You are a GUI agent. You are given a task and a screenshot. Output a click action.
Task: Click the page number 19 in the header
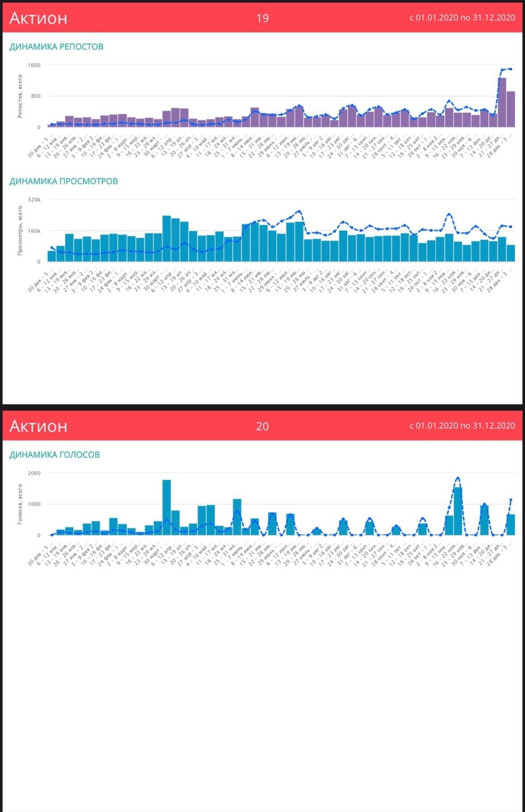tap(262, 18)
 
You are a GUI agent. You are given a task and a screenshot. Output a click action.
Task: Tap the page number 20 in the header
tap(262, 426)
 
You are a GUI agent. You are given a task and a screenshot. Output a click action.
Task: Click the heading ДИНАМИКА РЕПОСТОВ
tap(56, 47)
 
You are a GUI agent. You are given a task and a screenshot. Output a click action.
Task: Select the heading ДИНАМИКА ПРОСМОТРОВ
tap(63, 181)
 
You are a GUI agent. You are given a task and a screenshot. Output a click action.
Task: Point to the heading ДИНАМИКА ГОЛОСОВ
tap(54, 454)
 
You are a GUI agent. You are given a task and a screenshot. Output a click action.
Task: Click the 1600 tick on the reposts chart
tap(34, 65)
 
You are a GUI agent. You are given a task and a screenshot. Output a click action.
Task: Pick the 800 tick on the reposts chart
tap(35, 96)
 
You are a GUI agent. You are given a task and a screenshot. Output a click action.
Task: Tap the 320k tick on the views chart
tap(34, 199)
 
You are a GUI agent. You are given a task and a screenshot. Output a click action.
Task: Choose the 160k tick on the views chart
tap(34, 231)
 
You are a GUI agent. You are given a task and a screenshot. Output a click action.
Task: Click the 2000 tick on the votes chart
tap(34, 473)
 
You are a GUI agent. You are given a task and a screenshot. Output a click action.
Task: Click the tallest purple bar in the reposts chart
tap(502, 102)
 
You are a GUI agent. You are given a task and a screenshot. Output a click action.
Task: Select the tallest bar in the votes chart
tap(166, 507)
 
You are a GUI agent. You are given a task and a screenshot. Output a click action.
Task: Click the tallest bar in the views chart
tap(166, 239)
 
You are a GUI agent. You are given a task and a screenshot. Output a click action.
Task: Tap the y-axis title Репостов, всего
tap(20, 96)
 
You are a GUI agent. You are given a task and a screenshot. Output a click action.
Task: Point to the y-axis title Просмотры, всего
tap(20, 230)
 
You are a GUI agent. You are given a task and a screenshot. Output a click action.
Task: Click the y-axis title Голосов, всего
tap(20, 504)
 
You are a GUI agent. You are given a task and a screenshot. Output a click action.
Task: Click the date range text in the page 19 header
tap(462, 18)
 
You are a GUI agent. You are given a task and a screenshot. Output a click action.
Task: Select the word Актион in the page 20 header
tap(38, 426)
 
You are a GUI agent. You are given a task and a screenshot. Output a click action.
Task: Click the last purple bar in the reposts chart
tap(510, 109)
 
